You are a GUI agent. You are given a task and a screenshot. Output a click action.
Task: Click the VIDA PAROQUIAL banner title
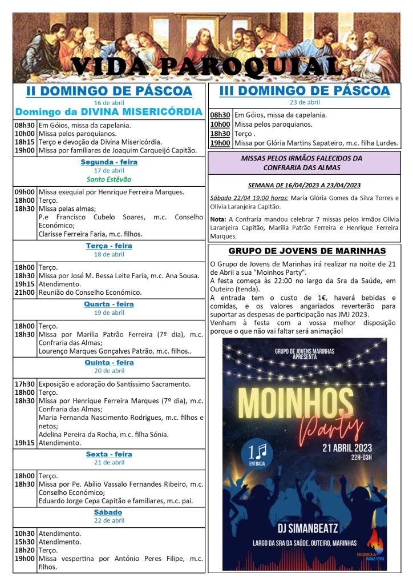tap(206, 67)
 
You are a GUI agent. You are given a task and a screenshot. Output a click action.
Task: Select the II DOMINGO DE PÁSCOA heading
tap(109, 91)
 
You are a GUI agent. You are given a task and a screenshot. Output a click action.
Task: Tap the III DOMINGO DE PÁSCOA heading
tap(304, 91)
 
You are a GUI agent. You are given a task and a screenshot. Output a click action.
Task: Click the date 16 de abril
tap(109, 102)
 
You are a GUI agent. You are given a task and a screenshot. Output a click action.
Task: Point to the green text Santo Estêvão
tap(109, 179)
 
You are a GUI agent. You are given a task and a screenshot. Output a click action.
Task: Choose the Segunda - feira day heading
tap(109, 162)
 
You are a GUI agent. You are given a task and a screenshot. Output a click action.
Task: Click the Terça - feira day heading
tap(109, 246)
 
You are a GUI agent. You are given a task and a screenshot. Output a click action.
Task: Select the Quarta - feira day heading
tap(109, 304)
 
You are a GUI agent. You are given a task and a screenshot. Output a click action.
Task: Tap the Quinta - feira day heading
tap(109, 363)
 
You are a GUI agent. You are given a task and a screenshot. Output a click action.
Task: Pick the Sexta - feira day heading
tap(109, 455)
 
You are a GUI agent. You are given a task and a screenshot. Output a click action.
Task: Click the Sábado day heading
tap(109, 512)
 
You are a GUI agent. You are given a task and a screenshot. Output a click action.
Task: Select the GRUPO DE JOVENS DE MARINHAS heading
tap(307, 251)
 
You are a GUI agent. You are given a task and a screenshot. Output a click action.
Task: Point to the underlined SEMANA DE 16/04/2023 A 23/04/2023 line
tap(305, 185)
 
